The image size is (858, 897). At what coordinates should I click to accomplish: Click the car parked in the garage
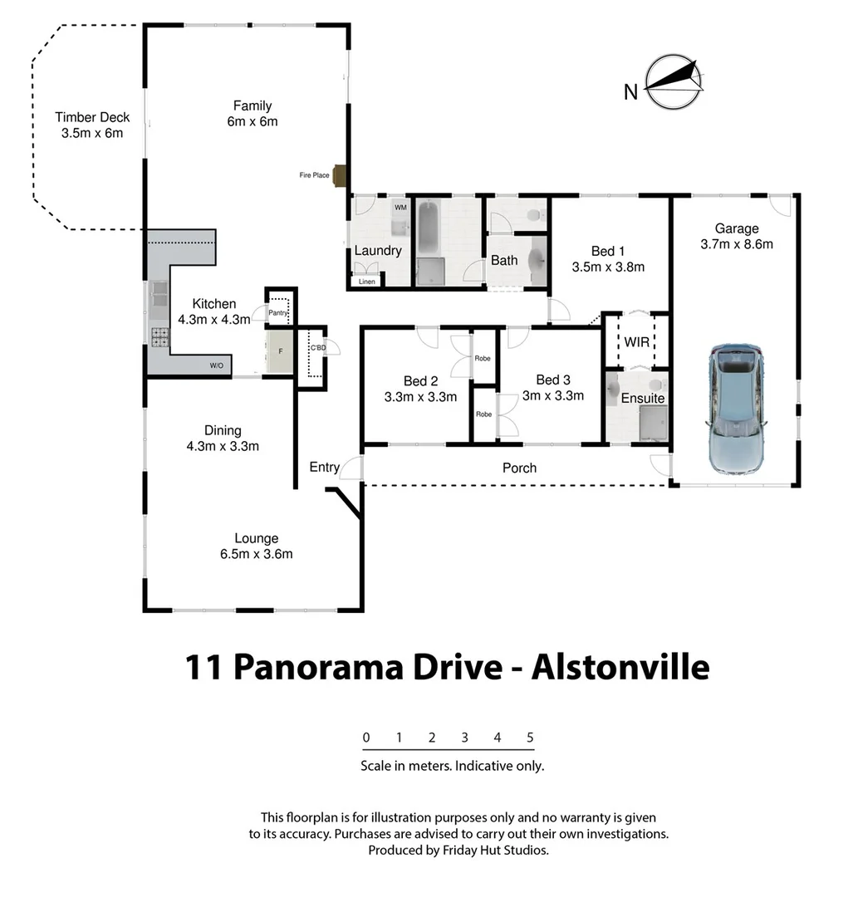point(736,409)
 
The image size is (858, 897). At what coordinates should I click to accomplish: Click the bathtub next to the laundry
point(428,228)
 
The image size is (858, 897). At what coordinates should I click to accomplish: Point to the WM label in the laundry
point(400,207)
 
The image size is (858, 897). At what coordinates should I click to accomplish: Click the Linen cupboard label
point(366,282)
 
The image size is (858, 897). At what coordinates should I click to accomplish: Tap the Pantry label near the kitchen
point(277,312)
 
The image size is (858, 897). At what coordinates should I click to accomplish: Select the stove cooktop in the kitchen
point(159,336)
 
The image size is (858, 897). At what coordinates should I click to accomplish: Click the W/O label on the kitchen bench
point(215,365)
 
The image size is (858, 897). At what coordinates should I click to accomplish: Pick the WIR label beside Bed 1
point(637,342)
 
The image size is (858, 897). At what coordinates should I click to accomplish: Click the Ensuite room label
point(643,398)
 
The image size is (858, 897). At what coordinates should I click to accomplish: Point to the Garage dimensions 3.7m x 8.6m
point(737,244)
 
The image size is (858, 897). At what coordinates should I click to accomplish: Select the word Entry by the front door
point(324,467)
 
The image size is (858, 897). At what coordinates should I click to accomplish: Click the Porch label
point(519,468)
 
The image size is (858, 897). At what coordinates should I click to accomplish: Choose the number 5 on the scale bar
point(530,738)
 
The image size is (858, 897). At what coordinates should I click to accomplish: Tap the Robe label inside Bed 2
point(483,360)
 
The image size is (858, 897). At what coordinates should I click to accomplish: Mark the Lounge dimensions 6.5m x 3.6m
point(256,554)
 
